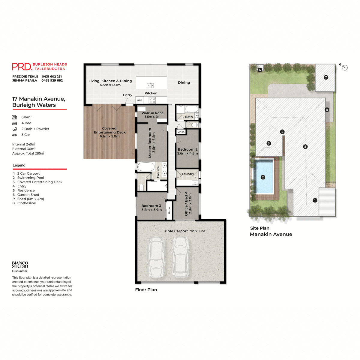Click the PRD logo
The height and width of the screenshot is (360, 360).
coord(22,66)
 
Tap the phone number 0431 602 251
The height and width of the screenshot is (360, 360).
coord(52,76)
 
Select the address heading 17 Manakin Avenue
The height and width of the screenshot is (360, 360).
coord(38,99)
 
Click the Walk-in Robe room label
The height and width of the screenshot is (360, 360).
coord(152,113)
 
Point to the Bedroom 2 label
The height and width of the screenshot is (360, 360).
coord(187,149)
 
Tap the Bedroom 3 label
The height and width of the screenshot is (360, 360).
coord(151,206)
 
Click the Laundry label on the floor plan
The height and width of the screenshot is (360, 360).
coord(188,174)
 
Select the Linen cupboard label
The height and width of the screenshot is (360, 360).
coord(181,132)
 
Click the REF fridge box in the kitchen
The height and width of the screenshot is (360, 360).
coord(139,100)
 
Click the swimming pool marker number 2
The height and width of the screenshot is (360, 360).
coord(263,177)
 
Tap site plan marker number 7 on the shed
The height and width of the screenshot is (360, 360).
coord(326,77)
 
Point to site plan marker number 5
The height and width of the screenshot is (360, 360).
coord(305,147)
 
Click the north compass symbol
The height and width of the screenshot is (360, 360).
coord(344,67)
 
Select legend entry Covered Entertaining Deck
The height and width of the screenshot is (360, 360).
coord(40,182)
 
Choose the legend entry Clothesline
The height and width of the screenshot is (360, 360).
coord(26,203)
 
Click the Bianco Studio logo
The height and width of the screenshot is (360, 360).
coord(20,265)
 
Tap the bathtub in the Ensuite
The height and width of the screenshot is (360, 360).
coord(146,166)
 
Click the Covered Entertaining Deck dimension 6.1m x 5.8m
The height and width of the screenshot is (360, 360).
coord(109,136)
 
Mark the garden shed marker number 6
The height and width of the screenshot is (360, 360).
coord(260,70)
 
